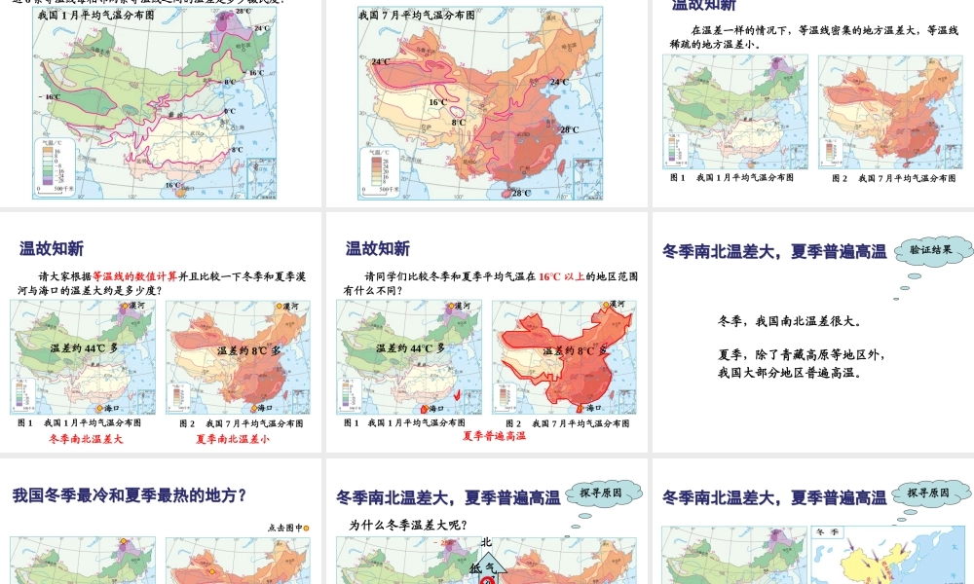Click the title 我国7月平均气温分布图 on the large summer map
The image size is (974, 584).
coord(417,16)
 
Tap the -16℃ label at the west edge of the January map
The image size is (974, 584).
coord(49,97)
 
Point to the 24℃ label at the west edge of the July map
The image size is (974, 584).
coord(380,61)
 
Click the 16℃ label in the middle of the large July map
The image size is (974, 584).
coord(438,102)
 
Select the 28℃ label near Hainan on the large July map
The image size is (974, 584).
coord(521,193)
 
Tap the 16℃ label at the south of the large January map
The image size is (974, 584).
coord(172,185)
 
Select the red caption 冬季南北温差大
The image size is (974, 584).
coord(87,439)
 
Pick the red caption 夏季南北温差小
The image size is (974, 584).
coord(233,439)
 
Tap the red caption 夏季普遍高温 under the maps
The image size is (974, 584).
coord(494,436)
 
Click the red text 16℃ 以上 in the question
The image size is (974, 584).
coord(562,276)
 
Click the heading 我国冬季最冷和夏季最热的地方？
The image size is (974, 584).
coord(130,495)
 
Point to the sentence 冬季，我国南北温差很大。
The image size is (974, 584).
coord(789,321)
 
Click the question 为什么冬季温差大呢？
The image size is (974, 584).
coord(414,526)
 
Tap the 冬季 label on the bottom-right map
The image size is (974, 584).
coord(829,532)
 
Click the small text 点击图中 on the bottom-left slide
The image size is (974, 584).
coord(283,528)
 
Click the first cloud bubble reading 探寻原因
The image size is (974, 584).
coord(605,493)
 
